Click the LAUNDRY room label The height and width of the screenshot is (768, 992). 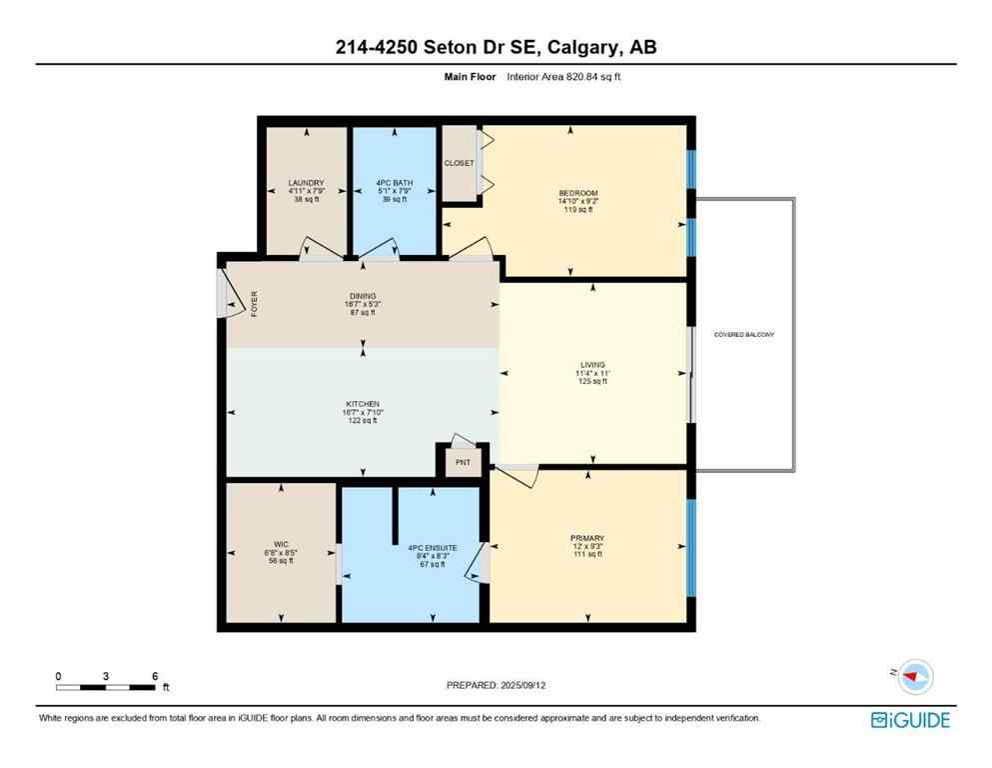click(306, 183)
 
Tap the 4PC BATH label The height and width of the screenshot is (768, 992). click(393, 183)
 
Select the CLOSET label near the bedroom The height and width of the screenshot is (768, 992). click(460, 163)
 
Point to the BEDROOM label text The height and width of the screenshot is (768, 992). click(577, 193)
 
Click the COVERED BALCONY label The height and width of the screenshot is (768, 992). click(743, 334)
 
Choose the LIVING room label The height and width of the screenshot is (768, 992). click(592, 365)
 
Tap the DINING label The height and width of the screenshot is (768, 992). click(362, 296)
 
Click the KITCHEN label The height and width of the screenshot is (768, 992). click(362, 404)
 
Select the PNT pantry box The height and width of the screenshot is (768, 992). click(463, 463)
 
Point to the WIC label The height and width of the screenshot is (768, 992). click(281, 545)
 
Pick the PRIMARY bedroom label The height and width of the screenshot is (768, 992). click(589, 538)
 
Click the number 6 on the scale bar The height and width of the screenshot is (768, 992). click(154, 675)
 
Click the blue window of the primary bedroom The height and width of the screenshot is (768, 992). click(689, 547)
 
